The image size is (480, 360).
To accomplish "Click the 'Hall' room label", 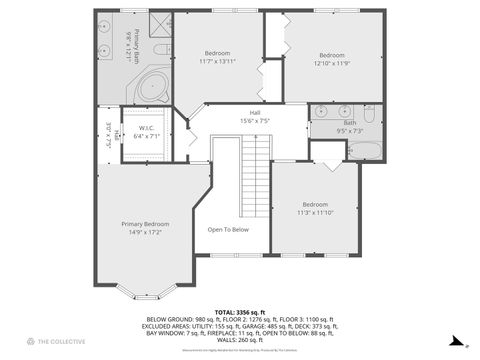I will click(x=255, y=112).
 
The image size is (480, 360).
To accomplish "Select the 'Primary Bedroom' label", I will click(x=145, y=223).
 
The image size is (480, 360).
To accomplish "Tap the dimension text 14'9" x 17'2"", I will click(x=145, y=232).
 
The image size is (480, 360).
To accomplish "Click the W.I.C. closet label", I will click(x=146, y=130).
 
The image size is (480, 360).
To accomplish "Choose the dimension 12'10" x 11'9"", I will click(x=331, y=62).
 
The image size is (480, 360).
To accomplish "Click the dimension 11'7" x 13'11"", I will click(x=217, y=62).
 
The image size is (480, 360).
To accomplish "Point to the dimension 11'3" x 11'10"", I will click(x=314, y=212).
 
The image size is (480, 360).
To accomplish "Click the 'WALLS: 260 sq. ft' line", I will click(x=240, y=338).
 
